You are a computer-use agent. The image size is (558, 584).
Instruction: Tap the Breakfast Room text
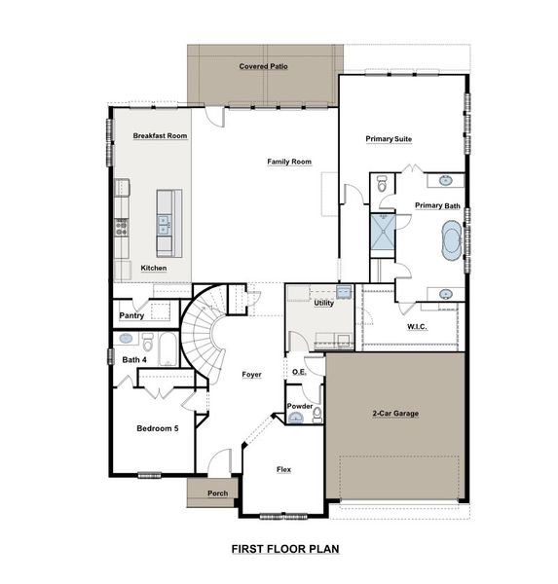point(160,135)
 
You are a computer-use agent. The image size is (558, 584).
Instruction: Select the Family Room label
point(289,161)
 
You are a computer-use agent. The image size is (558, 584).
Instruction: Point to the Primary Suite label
point(389,139)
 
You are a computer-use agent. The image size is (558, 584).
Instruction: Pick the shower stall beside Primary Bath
point(381,233)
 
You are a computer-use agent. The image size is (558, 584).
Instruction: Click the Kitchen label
point(153,268)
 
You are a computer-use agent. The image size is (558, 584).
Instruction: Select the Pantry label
point(131,315)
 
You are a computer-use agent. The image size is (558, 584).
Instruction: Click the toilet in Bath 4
point(148,343)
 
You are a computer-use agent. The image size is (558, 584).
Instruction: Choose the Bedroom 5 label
point(157,428)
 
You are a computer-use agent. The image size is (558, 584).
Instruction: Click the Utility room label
point(323,304)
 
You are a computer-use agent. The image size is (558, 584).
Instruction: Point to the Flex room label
point(283,469)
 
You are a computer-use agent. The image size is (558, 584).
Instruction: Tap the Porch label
point(218,493)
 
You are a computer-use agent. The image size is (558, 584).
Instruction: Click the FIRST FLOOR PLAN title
point(284,549)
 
